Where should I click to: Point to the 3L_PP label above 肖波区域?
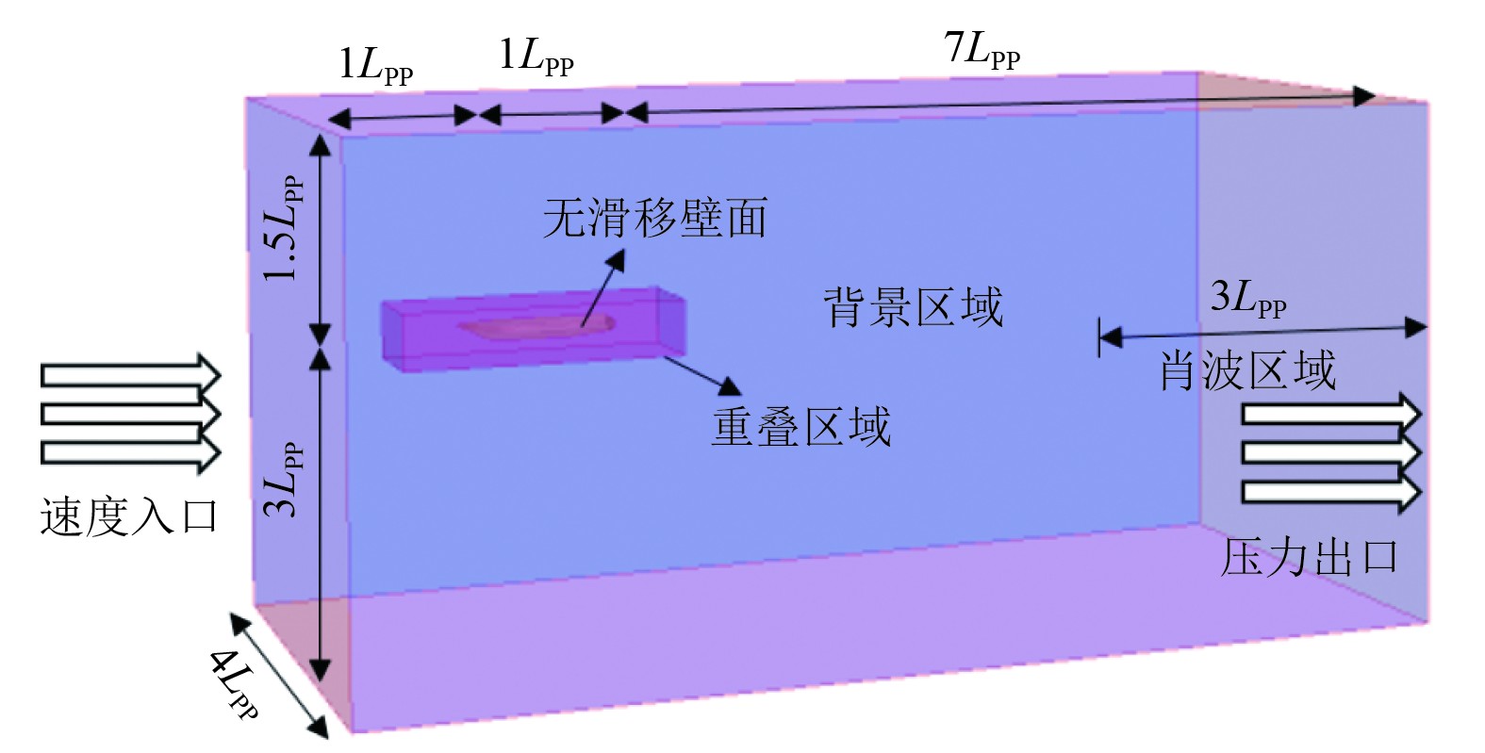[1247, 301]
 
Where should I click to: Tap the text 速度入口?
[129, 516]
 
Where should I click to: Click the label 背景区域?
[914, 307]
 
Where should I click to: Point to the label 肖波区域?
[1246, 370]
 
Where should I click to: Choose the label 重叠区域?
[800, 427]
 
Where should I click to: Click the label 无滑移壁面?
[654, 218]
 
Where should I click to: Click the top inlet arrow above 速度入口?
[130, 376]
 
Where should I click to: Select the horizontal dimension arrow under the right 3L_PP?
[1262, 331]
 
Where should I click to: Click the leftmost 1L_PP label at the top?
[375, 67]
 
